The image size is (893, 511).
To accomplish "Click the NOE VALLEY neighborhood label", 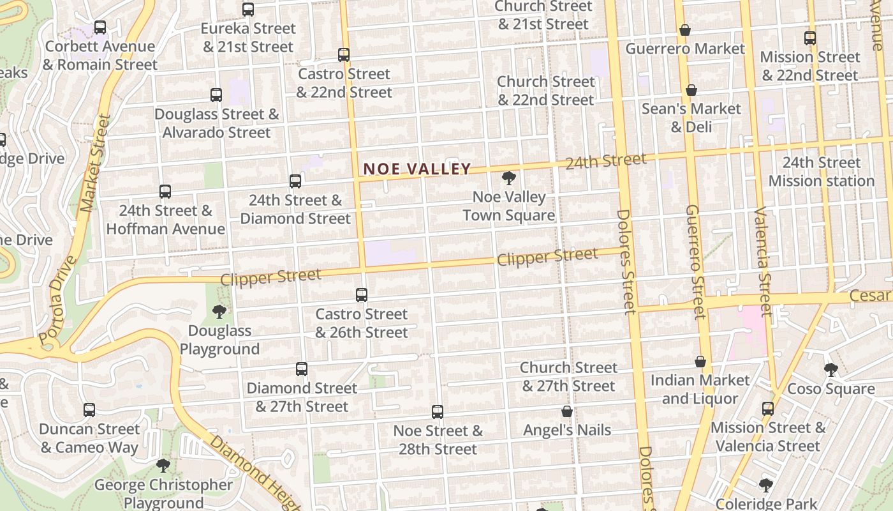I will click(x=417, y=169).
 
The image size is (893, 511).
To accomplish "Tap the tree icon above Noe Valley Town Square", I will click(x=508, y=178).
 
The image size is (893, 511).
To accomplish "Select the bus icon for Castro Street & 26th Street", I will click(x=362, y=295).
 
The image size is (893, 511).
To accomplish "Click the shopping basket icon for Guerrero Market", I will click(x=684, y=30).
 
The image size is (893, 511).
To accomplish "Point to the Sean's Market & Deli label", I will click(x=691, y=118).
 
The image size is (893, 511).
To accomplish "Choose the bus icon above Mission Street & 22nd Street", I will click(x=810, y=38).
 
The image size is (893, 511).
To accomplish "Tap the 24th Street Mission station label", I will click(x=821, y=172).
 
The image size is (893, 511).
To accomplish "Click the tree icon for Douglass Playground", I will click(x=219, y=312).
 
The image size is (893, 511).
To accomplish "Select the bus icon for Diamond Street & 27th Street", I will click(x=302, y=369).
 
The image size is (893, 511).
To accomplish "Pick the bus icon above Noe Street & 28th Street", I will click(x=438, y=412).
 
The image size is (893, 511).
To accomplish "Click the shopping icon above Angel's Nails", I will click(x=567, y=412).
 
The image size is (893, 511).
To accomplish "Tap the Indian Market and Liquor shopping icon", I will click(x=700, y=362).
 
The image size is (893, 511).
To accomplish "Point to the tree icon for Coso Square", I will click(x=830, y=370).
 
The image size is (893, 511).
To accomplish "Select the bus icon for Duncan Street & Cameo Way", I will click(x=89, y=410).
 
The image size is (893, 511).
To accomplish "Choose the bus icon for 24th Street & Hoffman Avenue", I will click(x=165, y=191).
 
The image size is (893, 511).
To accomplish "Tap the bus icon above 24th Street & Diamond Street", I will click(x=295, y=181).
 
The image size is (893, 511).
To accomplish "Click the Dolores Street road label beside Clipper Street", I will click(x=626, y=262).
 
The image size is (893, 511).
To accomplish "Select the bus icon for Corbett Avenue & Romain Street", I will click(x=100, y=27).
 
